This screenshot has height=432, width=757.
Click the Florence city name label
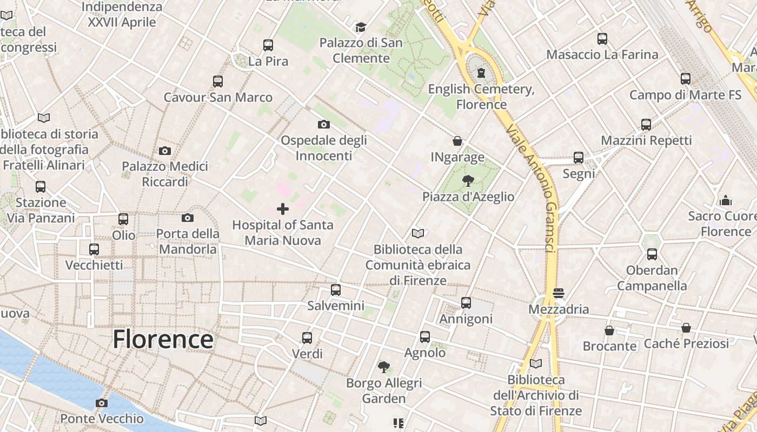(163, 339)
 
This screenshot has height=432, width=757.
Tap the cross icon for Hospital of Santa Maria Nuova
(283, 209)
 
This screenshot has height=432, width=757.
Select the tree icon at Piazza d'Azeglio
(468, 181)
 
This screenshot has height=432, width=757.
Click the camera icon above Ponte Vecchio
(101, 403)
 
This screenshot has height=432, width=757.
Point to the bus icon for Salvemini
(336, 290)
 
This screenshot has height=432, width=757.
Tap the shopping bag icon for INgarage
(457, 141)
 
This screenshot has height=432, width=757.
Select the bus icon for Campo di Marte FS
(686, 79)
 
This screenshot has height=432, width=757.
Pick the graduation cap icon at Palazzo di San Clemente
(361, 27)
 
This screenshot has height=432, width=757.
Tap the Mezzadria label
(559, 309)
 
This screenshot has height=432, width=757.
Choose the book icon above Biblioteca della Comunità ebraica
(418, 234)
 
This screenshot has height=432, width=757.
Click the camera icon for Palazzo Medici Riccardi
(165, 151)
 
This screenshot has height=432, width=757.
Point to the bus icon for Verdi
(307, 338)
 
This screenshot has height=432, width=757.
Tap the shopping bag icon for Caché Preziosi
(686, 328)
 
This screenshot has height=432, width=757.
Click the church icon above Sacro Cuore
(726, 201)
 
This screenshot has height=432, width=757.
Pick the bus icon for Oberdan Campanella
(652, 254)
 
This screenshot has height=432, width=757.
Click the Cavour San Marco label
(218, 98)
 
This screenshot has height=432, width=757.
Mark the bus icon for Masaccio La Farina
(602, 39)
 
